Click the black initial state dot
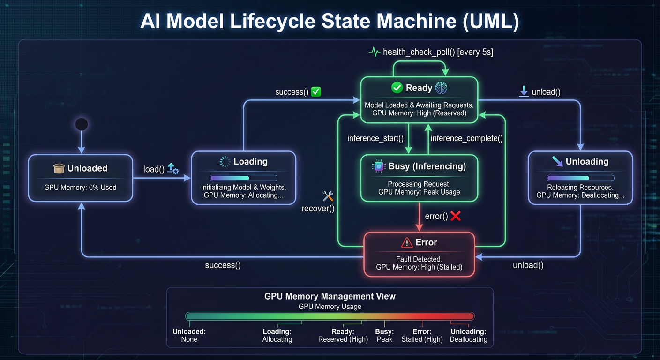pyautogui.click(x=82, y=124)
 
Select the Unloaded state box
pyautogui.click(x=80, y=178)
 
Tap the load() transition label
pyautogui.click(x=154, y=169)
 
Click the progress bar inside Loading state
pyautogui.click(x=243, y=178)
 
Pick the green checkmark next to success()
pyautogui.click(x=316, y=92)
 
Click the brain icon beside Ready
pyautogui.click(x=441, y=88)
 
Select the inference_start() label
pyautogui.click(x=375, y=138)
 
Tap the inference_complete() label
pyautogui.click(x=466, y=138)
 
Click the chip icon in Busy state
pyautogui.click(x=378, y=166)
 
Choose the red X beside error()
pyautogui.click(x=455, y=216)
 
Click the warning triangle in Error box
pyautogui.click(x=406, y=242)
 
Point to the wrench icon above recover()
pyautogui.click(x=328, y=196)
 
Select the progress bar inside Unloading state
pyautogui.click(x=580, y=178)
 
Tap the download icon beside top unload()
pyautogui.click(x=524, y=92)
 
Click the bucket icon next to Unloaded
pyautogui.click(x=59, y=168)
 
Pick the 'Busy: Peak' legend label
pyautogui.click(x=384, y=335)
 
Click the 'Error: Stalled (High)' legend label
pyautogui.click(x=422, y=335)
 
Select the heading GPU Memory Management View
pyautogui.click(x=330, y=296)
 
